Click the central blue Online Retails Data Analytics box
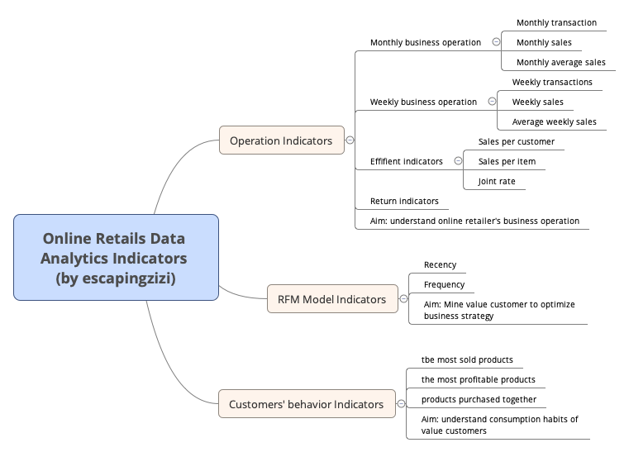click(x=116, y=257)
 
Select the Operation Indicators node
click(x=281, y=140)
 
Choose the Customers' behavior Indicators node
click(x=306, y=404)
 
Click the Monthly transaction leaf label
click(x=556, y=23)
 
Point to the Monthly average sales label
click(x=560, y=63)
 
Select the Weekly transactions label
click(x=552, y=83)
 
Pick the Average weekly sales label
click(x=554, y=122)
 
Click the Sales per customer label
click(x=517, y=142)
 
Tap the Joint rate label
click(x=496, y=182)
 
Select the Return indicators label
click(x=404, y=202)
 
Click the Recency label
click(x=440, y=265)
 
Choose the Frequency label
click(x=444, y=285)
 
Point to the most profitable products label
click(x=478, y=380)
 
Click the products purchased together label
click(x=479, y=400)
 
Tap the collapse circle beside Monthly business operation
click(x=496, y=42)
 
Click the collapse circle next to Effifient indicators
click(x=458, y=161)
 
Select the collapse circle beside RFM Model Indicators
click(x=403, y=299)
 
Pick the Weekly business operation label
click(x=423, y=102)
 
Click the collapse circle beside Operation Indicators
click(x=350, y=140)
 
